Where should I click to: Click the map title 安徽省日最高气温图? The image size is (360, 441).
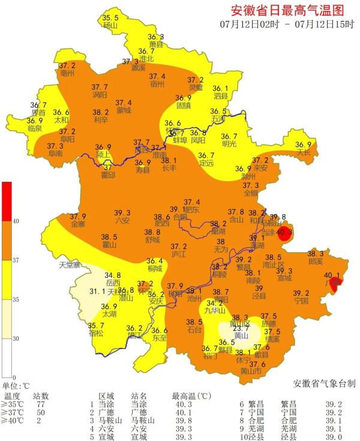[288, 10]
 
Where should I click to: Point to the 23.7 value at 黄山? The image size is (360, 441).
[241, 328]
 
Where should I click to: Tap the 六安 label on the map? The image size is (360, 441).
[122, 220]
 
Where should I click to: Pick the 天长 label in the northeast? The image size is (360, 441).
[305, 152]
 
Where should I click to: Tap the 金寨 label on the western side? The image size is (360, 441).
[78, 224]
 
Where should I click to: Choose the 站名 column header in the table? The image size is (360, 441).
[139, 396]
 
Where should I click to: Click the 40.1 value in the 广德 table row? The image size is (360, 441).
[183, 413]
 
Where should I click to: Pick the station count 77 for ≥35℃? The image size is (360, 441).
[41, 404]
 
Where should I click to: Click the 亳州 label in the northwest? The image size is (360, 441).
[67, 73]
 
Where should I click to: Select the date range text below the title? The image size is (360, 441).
[287, 25]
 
